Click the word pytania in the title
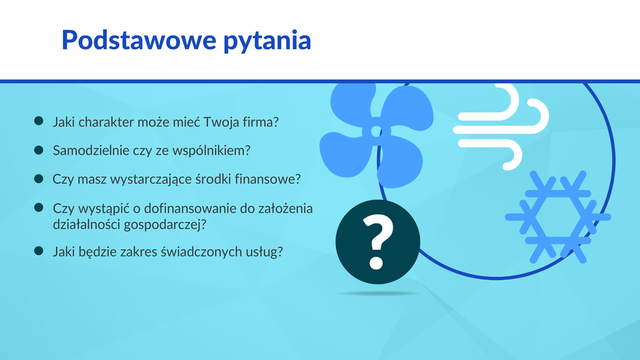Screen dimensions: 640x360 [x=267, y=41]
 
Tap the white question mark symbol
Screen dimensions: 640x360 [x=378, y=242]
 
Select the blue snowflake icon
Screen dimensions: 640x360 [x=558, y=217]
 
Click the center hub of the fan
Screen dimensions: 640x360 [x=376, y=131]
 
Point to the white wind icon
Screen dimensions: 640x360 [x=501, y=127]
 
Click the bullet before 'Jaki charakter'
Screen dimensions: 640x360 [x=39, y=121]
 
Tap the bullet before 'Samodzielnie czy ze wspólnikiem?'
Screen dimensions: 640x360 [x=39, y=150]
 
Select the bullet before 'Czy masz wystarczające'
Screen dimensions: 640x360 [x=39, y=179]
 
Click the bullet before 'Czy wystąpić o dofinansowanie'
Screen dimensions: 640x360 [x=39, y=207]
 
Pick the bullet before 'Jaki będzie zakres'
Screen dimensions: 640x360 [x=39, y=251]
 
